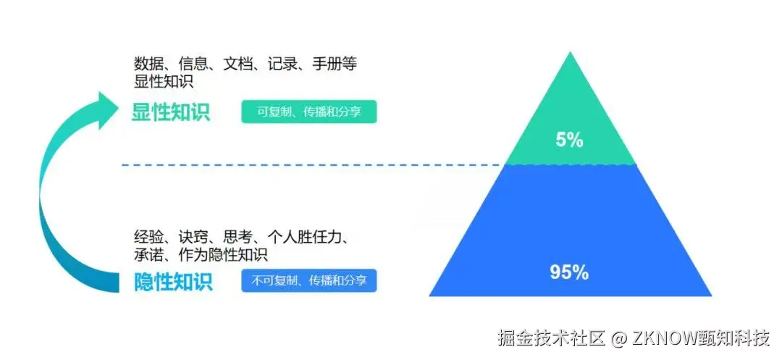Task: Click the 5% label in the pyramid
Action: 570,141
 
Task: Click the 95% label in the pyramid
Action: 569,272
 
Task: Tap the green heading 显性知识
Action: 171,113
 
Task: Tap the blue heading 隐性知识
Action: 174,281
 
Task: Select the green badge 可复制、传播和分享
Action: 309,112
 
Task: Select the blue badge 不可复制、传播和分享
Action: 309,280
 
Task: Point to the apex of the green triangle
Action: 571,55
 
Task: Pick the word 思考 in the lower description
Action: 237,237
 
